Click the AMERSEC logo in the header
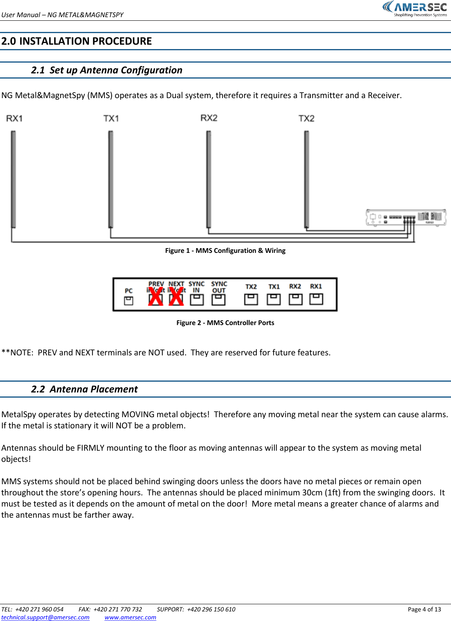[x=415, y=9]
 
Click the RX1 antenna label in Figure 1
[x=14, y=118]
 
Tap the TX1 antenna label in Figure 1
[x=111, y=118]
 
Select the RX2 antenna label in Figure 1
[x=209, y=118]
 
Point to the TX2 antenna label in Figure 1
[x=306, y=118]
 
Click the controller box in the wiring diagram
[x=406, y=218]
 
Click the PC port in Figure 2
[x=128, y=301]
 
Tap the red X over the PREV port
[x=156, y=297]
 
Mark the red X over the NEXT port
[x=176, y=297]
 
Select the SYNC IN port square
[x=197, y=300]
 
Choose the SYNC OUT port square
[x=219, y=300]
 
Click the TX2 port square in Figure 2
[x=251, y=299]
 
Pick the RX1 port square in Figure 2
[x=316, y=299]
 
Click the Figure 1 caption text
[x=225, y=250]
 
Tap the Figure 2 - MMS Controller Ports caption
[x=225, y=323]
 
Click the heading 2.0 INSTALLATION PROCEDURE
[x=77, y=41]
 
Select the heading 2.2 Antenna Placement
[x=84, y=389]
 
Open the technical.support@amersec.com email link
[x=45, y=617]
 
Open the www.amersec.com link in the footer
[x=130, y=617]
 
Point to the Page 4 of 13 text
[x=424, y=609]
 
